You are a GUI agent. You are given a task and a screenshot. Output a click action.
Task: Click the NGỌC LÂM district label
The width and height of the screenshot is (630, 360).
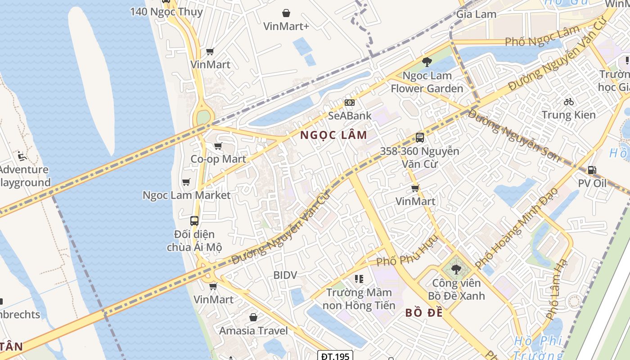333,135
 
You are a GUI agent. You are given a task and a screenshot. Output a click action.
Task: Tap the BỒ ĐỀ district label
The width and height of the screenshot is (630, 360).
424,312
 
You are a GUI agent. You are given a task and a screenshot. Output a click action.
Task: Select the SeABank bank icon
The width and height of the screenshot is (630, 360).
350,103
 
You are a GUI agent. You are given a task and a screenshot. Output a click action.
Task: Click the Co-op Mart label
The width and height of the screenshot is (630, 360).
218,159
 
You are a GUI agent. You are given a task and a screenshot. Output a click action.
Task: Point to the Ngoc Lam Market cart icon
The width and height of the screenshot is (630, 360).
186,182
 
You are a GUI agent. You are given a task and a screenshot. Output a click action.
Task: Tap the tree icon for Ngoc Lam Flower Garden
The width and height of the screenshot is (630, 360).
427,62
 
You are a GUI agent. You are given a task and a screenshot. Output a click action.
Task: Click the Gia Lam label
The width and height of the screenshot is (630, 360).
476,14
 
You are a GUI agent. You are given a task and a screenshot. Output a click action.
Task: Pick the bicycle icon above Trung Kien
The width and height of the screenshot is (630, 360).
569,102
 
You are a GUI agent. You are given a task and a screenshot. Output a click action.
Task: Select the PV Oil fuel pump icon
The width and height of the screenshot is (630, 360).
592,170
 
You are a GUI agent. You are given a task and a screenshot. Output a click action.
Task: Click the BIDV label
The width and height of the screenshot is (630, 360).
285,274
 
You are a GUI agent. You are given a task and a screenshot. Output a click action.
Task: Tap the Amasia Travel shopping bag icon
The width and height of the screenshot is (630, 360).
253,317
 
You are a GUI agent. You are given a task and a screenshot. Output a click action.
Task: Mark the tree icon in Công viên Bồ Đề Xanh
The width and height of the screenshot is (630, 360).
456,270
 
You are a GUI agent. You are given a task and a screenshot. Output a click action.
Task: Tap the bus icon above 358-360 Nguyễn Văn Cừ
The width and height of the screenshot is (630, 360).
419,138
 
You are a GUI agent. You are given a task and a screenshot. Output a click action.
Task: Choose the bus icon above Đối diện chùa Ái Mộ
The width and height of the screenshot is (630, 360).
194,221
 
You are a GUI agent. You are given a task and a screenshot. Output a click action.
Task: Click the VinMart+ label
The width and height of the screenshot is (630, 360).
286,26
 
